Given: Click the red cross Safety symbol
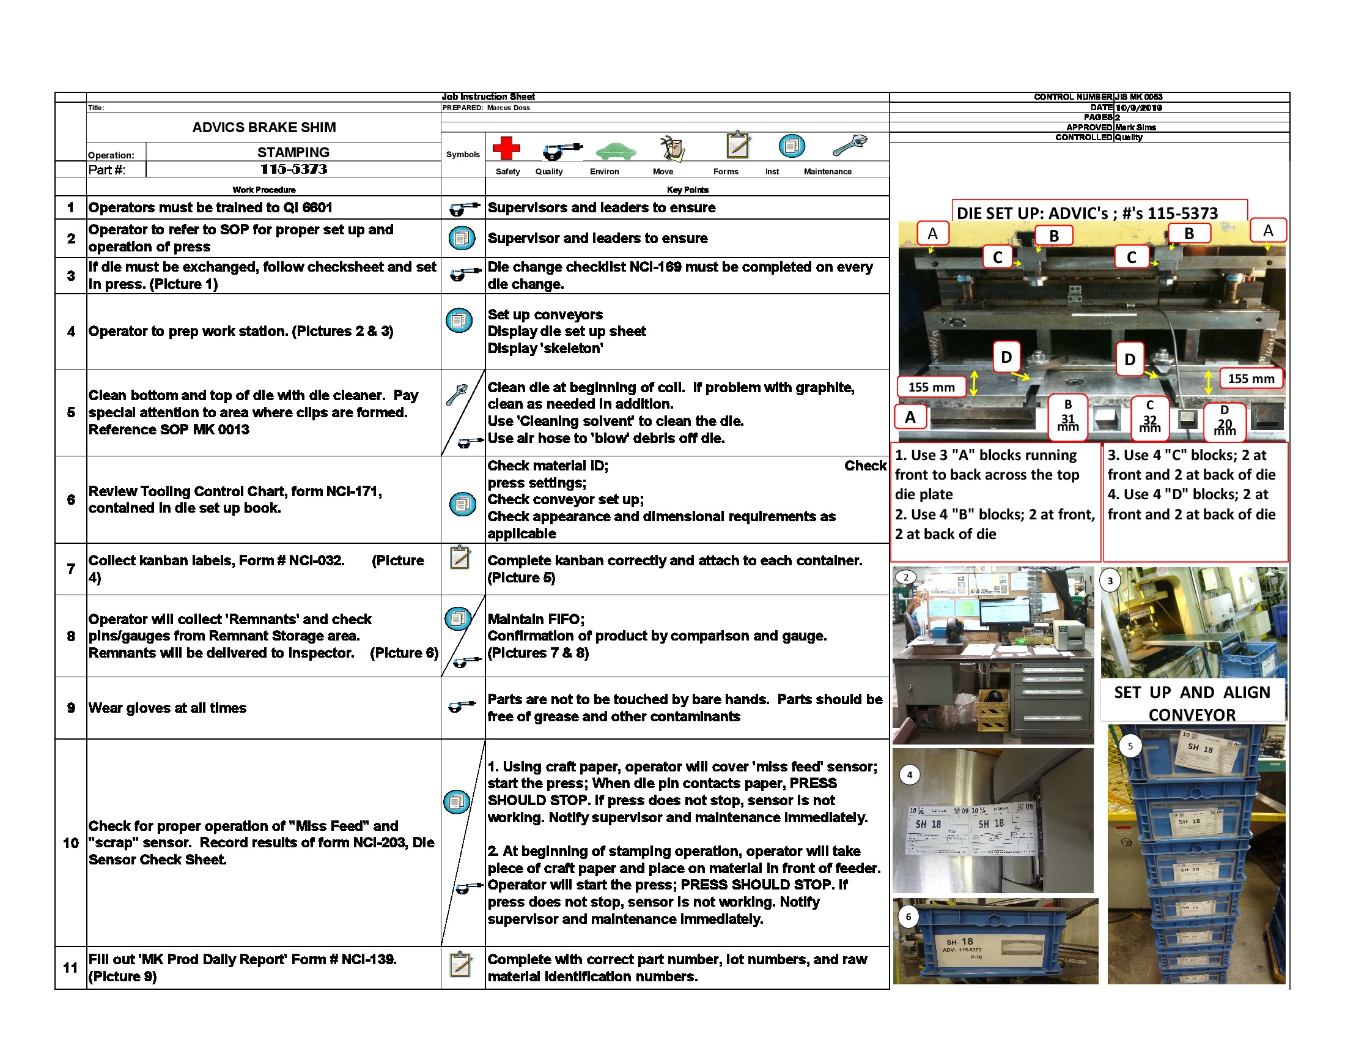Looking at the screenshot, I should tap(506, 148).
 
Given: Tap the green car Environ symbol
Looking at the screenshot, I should tap(615, 150).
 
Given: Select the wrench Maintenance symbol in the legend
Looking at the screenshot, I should tap(850, 146).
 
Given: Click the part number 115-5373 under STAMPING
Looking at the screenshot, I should tap(293, 169).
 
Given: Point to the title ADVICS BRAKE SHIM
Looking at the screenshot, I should tap(263, 127).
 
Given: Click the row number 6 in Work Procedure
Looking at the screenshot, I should tap(71, 500).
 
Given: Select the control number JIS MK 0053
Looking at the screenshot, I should tap(1138, 97).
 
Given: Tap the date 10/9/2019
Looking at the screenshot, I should tap(1138, 107).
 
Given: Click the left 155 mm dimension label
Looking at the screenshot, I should tap(931, 387).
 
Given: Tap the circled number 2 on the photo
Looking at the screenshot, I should tap(906, 578).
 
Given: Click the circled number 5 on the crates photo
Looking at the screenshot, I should tap(1130, 746).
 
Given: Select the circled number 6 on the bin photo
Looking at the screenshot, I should tap(908, 917).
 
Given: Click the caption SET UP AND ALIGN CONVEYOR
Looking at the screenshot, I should tap(1192, 703).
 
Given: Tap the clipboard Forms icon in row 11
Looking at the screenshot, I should tap(460, 965).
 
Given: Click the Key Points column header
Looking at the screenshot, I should tap(687, 190).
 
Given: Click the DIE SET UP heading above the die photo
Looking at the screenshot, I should tap(1087, 213).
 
